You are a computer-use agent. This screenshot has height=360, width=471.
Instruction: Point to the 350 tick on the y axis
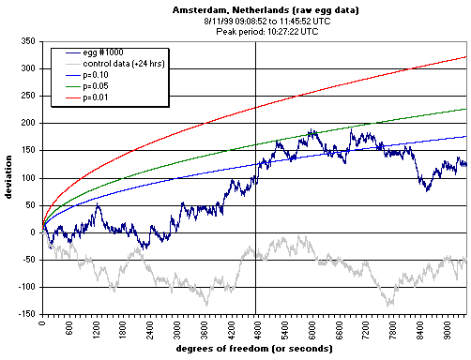coord(28,42)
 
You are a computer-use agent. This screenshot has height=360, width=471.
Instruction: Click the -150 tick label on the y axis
coord(26,314)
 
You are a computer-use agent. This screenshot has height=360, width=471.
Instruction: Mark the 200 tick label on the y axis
coord(28,124)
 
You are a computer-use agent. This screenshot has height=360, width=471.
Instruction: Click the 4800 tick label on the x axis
coord(256,328)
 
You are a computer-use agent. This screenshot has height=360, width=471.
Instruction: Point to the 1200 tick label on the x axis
coord(97,328)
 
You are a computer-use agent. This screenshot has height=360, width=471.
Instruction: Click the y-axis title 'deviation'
coord(9,178)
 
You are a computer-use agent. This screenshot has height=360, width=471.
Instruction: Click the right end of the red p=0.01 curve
coord(465,56)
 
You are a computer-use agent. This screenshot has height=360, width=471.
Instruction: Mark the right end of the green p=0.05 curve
coord(465,109)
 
